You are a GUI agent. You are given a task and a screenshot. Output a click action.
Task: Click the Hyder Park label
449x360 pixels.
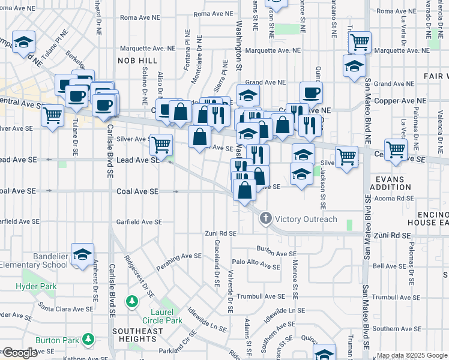point(36,287)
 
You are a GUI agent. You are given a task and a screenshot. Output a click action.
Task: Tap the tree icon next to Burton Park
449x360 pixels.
point(88,340)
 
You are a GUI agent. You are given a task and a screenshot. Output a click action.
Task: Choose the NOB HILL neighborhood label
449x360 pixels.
point(137,61)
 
